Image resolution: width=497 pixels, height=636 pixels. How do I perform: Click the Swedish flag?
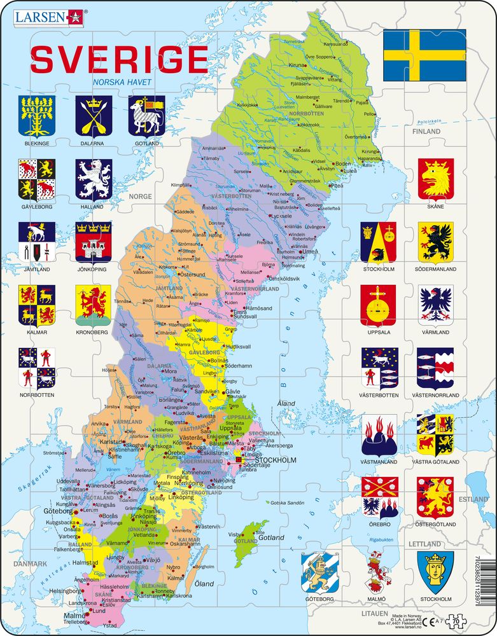424,55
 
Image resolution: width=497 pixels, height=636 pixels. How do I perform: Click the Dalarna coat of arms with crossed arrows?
94,116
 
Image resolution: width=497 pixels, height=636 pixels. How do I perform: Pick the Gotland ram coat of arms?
146,116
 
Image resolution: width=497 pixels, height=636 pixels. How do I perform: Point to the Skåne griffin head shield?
435,179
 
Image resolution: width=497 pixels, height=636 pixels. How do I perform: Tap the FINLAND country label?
426,131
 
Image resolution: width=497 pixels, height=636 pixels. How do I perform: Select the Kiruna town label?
297,66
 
